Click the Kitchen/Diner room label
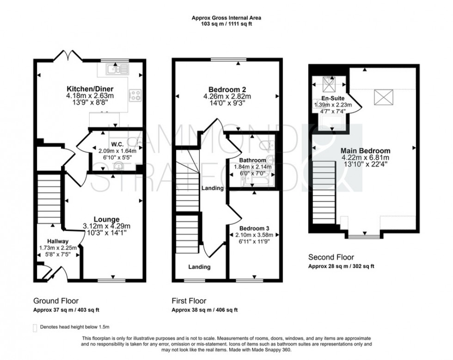(x=90, y=89)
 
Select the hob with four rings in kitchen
(x=135, y=95)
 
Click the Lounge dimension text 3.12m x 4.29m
(x=107, y=226)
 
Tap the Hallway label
(x=57, y=241)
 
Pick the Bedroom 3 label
(x=254, y=228)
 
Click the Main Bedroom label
(x=365, y=151)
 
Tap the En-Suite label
(x=333, y=98)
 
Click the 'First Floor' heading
(x=189, y=300)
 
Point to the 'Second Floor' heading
(x=331, y=257)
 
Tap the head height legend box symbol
(x=36, y=327)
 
